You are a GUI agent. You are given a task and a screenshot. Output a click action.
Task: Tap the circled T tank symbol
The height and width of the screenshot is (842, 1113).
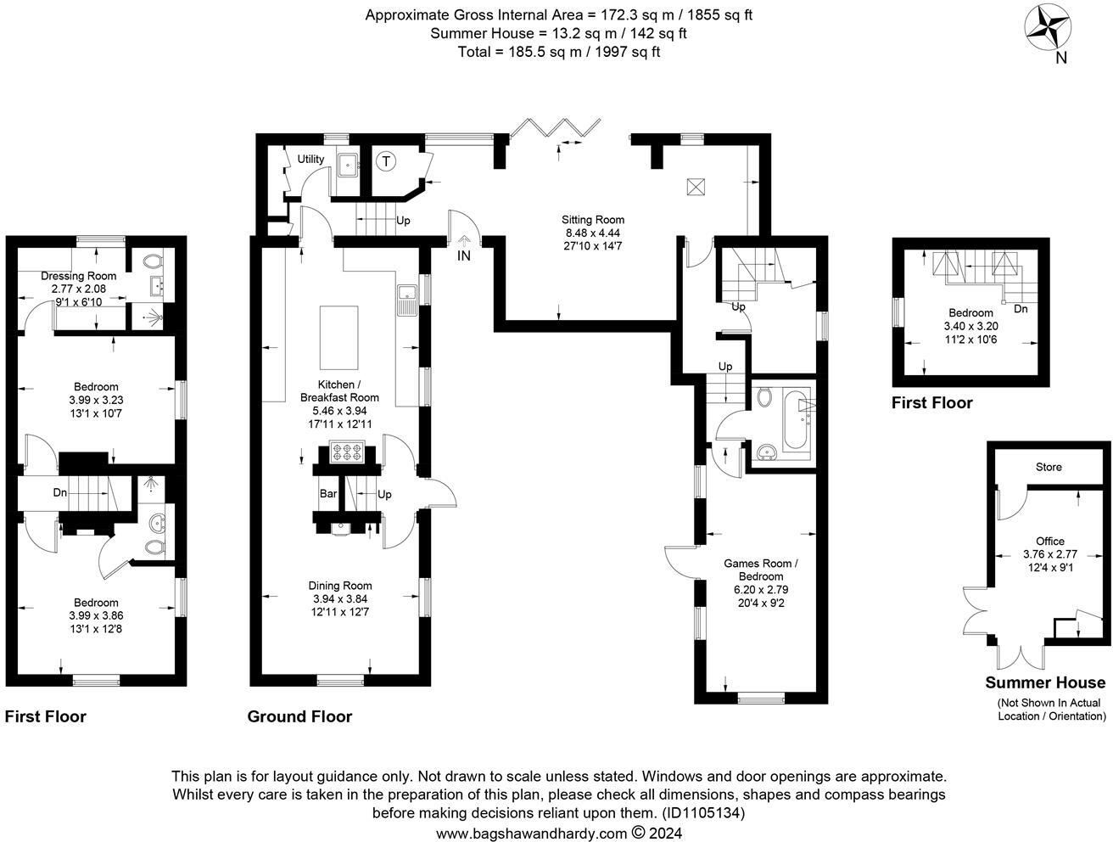tap(386, 160)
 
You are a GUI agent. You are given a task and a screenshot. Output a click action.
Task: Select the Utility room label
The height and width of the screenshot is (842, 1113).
tap(310, 159)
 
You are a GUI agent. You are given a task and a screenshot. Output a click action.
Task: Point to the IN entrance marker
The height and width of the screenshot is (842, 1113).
tap(463, 255)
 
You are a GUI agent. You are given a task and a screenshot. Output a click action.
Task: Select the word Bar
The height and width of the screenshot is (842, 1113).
tap(328, 494)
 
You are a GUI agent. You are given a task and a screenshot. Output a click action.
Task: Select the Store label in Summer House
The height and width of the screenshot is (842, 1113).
tap(1049, 467)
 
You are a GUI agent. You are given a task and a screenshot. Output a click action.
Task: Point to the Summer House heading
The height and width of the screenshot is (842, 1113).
tap(1045, 682)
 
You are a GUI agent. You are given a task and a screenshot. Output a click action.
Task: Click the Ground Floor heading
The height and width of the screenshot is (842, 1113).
tap(299, 716)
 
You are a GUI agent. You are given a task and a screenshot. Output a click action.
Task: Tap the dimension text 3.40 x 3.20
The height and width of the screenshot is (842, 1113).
tap(970, 325)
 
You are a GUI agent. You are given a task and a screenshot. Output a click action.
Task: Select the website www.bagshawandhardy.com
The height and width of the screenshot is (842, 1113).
tap(532, 833)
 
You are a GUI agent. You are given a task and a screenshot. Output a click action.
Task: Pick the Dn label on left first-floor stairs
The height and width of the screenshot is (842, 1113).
tap(60, 492)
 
